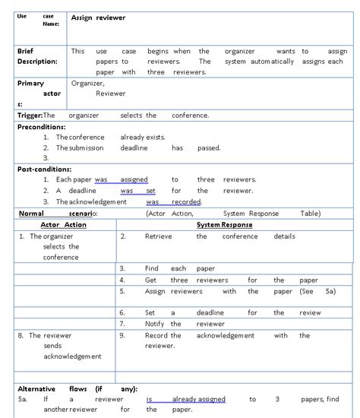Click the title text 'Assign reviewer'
click(98, 17)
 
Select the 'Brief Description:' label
click(37, 55)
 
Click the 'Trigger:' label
click(30, 116)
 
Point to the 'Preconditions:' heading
click(42, 127)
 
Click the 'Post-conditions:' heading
click(44, 169)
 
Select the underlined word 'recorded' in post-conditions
click(185, 202)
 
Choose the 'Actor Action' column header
click(63, 225)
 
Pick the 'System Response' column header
click(224, 225)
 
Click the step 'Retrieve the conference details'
click(219, 236)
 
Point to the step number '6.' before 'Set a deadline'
click(122, 312)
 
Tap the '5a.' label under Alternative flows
click(24, 398)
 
